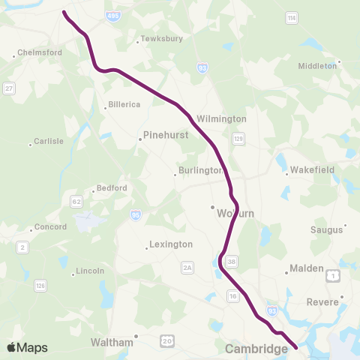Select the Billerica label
[124, 104]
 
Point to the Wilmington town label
[221, 118]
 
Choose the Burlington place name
[201, 170]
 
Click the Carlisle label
[49, 141]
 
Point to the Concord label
[51, 226]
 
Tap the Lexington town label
[171, 244]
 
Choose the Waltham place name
[112, 342]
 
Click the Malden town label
[307, 268]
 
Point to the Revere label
[323, 302]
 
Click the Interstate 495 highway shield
[112, 16]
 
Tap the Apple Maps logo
[28, 347]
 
